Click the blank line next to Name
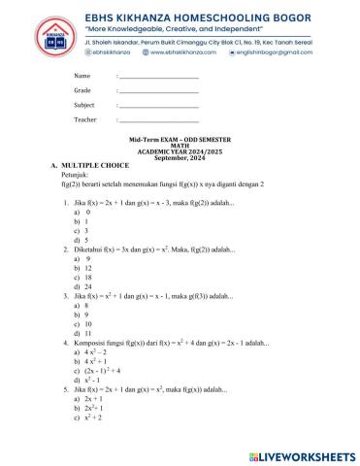point(157,77)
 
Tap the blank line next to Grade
point(157,90)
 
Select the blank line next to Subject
point(157,105)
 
